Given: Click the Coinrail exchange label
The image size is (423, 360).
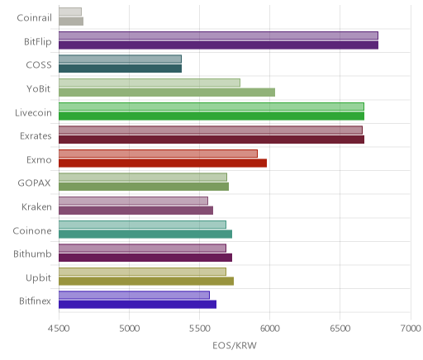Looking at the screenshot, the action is pos(34,18).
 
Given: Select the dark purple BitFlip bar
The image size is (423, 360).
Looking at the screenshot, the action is pos(218,45).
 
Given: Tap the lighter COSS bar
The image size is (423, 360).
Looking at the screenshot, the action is pos(120,59).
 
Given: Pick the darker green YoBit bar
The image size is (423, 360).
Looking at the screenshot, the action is pos(167,92).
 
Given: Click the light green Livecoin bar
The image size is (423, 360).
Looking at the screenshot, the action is pos(211,107).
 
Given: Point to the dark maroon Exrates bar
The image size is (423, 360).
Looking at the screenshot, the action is pos(211,140).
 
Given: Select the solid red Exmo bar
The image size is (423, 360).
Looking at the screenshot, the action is pos(163,163).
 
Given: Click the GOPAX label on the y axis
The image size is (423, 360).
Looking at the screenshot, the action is pos(34,183).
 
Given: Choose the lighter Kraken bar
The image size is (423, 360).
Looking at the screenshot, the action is pos(133,201).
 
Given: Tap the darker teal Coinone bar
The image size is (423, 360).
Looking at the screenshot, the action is pos(145,234).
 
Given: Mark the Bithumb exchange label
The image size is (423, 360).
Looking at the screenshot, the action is pos(32,253).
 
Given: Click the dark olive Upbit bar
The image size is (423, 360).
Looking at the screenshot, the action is pos(146,281).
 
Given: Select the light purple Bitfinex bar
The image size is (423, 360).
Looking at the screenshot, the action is pos(134,296).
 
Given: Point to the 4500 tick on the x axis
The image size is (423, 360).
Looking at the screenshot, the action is pos(59,329).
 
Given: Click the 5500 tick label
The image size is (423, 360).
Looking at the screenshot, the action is pos(199,329).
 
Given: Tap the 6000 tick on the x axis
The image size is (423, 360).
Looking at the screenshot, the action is pos(269,329).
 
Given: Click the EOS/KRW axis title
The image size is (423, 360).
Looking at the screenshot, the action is pos(235,345).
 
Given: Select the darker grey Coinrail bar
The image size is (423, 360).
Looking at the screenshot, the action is pos(71,21).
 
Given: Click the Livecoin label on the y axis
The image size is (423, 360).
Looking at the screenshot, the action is pos(33,113).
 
